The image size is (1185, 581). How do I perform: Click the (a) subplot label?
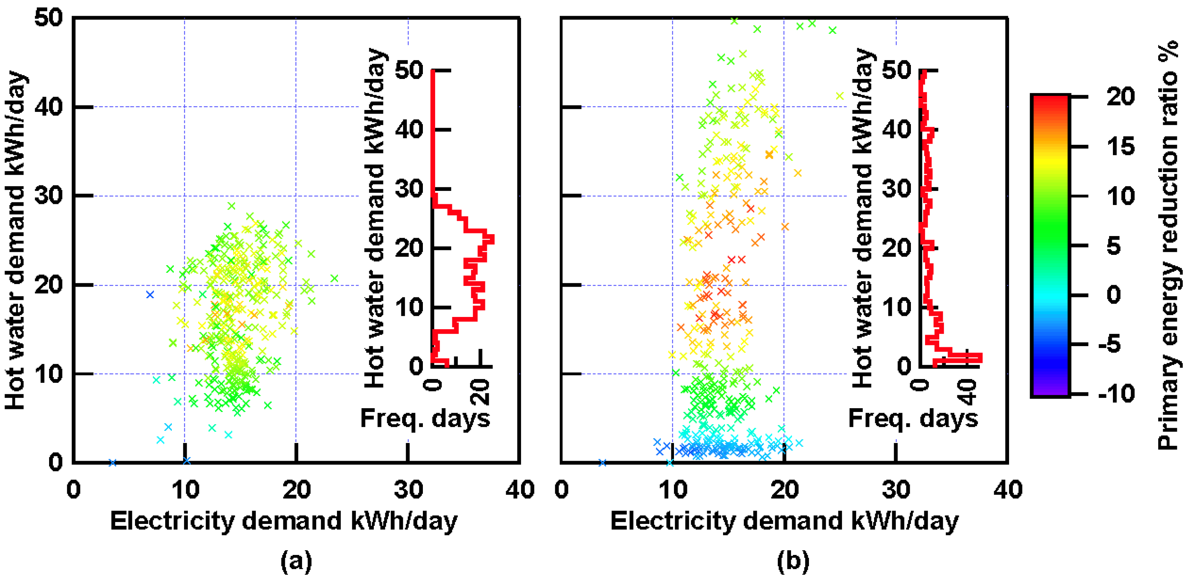click(296, 561)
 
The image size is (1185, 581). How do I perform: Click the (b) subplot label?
click(792, 561)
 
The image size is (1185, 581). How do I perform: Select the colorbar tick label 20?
click(1121, 97)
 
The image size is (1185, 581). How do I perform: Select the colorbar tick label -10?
click(1116, 394)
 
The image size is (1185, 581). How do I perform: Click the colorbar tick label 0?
click(1113, 294)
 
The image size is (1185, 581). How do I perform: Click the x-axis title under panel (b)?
click(784, 521)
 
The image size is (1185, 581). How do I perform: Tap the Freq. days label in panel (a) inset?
click(425, 418)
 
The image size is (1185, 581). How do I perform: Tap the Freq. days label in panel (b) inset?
click(913, 418)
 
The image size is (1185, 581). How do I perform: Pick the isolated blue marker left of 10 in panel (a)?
click(150, 294)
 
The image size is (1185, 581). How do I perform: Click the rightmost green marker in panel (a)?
click(334, 278)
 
